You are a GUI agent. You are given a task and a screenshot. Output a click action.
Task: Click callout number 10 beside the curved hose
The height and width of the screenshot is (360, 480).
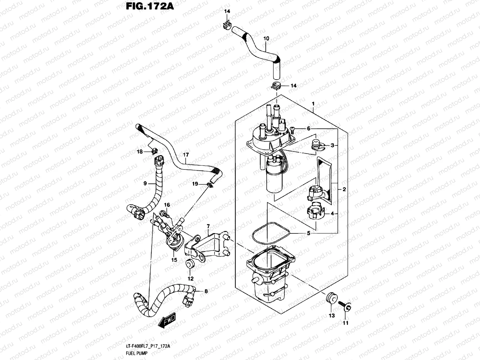[x=266, y=39]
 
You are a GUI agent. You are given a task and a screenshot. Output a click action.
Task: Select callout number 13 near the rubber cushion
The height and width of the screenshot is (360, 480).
[x=331, y=315]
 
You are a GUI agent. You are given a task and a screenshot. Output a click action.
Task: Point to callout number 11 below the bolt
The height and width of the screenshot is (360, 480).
[x=345, y=323]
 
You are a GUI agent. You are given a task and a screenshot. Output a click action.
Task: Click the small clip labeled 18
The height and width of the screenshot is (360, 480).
[x=155, y=150]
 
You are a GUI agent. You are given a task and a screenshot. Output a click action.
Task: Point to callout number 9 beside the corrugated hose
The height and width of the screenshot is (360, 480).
[x=145, y=183]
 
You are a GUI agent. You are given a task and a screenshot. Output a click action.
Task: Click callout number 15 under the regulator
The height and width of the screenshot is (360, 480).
[x=174, y=260]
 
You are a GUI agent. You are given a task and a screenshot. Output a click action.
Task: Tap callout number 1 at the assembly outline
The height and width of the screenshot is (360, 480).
[x=313, y=104]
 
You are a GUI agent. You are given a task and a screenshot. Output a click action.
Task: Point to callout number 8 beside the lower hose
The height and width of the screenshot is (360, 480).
[x=206, y=291]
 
